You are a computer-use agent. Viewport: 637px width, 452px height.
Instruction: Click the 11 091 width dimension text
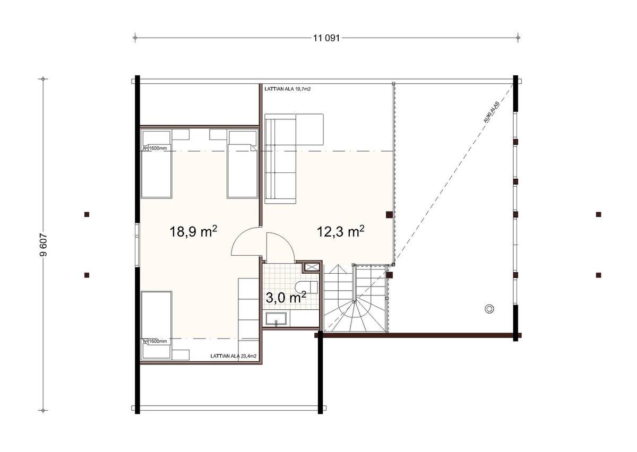click(x=326, y=38)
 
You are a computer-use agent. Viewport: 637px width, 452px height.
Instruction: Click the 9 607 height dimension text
click(x=43, y=245)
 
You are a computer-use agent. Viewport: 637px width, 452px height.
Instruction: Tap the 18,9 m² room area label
click(x=193, y=231)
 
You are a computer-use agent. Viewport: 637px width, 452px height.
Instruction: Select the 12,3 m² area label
click(x=340, y=231)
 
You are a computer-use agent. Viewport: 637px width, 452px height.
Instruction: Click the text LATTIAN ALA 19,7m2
click(x=288, y=89)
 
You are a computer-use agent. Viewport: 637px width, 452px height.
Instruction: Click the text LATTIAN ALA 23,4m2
click(x=233, y=356)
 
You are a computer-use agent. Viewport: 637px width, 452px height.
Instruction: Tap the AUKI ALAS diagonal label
click(x=491, y=112)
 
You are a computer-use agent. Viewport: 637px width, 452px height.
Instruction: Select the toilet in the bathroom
click(x=306, y=287)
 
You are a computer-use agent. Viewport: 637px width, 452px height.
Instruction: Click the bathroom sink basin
click(x=276, y=319)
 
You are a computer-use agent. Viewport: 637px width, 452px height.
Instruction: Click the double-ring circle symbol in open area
click(x=489, y=309)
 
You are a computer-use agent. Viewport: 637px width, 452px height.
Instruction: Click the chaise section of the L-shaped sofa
click(x=309, y=129)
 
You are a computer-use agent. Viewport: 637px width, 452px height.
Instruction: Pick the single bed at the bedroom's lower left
click(x=157, y=325)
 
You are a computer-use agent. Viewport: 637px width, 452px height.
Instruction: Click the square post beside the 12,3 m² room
click(x=389, y=215)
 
